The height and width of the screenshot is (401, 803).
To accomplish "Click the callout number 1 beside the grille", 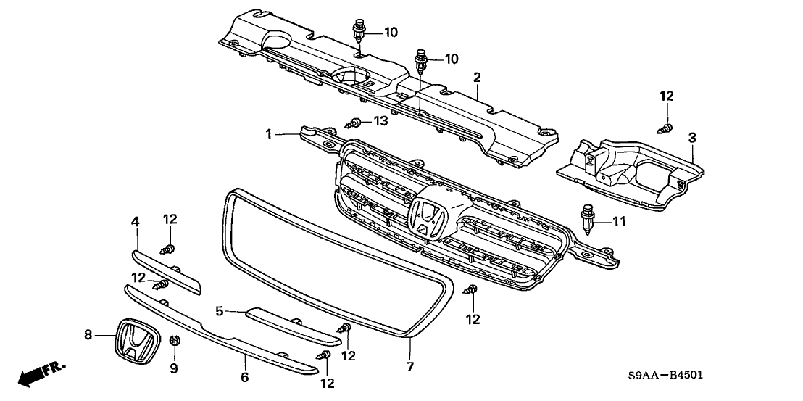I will [268, 134].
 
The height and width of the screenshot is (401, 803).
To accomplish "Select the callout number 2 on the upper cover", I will [477, 77].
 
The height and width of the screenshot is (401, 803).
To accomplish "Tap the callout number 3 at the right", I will [692, 137].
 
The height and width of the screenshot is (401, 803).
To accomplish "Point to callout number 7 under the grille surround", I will [410, 367].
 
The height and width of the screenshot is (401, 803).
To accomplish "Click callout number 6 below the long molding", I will [244, 377].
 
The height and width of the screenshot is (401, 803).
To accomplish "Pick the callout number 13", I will [380, 121].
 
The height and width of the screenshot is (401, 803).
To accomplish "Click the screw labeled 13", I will [357, 123].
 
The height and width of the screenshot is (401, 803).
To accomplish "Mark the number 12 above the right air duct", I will [666, 96].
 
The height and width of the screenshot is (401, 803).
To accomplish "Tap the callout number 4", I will [134, 220].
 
